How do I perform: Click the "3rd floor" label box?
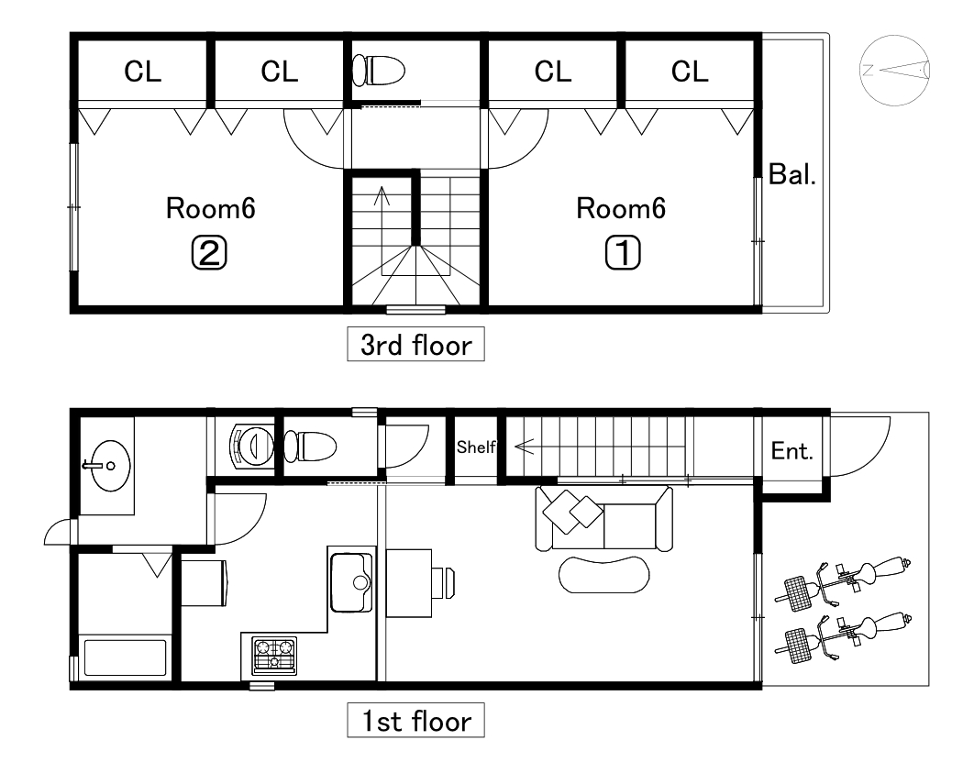(415, 344)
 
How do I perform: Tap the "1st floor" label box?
(415, 720)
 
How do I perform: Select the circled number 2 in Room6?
(209, 253)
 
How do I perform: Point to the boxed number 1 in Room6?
(623, 253)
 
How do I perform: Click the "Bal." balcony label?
(792, 174)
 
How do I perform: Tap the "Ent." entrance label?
(792, 451)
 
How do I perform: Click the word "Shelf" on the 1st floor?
(476, 447)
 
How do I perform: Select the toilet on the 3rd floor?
(379, 71)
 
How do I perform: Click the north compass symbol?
(894, 71)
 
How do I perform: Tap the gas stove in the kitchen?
(274, 656)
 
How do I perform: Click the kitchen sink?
(351, 582)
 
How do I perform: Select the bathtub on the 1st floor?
(125, 657)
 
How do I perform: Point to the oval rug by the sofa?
(603, 575)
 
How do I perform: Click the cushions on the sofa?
(572, 512)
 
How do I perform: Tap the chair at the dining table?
(444, 583)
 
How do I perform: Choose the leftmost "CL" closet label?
(143, 72)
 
